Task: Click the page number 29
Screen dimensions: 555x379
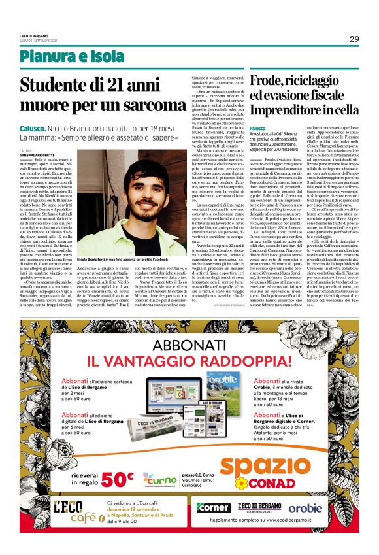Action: [354, 38]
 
